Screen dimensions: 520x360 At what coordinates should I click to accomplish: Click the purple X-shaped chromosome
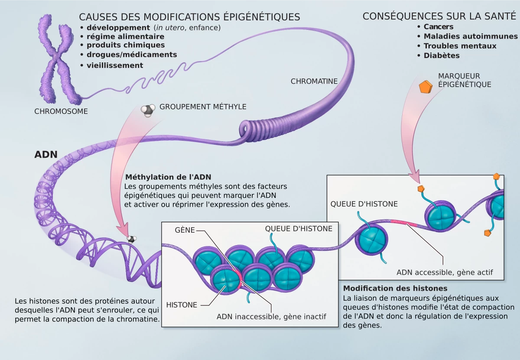56,58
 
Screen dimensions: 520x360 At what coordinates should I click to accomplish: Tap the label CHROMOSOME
61,111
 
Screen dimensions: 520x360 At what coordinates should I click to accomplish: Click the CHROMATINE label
314,81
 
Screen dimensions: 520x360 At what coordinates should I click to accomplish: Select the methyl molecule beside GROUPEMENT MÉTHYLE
148,110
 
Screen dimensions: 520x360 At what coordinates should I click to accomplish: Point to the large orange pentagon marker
426,87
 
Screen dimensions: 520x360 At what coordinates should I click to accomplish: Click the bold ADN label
46,155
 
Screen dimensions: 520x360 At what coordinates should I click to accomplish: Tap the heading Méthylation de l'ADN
168,177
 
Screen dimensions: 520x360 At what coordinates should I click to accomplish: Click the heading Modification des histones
395,288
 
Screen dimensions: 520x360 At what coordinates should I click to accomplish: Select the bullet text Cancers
439,27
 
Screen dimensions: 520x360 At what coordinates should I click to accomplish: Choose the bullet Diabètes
442,55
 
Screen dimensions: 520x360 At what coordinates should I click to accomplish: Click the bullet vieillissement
115,65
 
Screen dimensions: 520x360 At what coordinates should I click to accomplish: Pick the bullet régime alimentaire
125,36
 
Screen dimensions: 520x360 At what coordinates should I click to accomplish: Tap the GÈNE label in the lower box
185,230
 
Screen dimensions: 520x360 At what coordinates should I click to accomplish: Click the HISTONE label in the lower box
182,305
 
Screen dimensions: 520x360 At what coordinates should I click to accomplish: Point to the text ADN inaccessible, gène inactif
271,317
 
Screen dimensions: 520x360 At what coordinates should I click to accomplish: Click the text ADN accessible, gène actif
445,272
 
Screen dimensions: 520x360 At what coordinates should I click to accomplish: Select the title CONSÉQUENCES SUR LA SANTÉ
439,16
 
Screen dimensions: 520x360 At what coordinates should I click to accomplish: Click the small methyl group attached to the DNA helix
132,239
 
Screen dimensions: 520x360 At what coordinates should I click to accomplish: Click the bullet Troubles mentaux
460,46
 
